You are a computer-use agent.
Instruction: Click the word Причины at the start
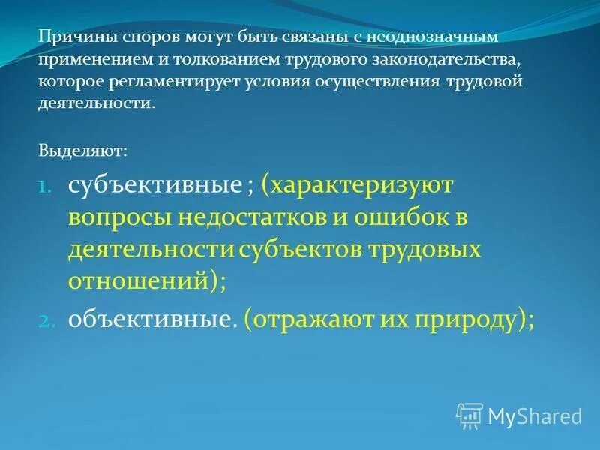click(68, 36)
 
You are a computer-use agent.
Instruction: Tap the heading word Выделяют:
click(82, 151)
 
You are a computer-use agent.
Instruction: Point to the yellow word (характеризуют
click(357, 185)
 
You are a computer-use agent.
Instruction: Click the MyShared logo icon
click(469, 414)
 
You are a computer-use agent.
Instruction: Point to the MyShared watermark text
click(535, 415)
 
